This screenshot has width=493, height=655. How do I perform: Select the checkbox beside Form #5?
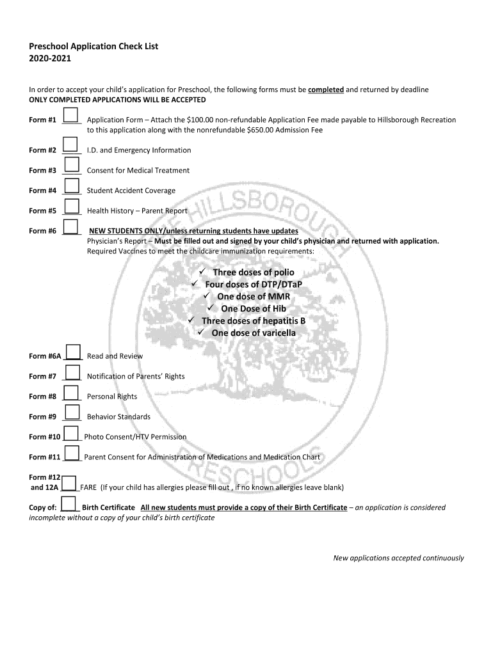click(x=72, y=207)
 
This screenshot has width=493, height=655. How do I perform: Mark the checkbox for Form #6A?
click(x=74, y=352)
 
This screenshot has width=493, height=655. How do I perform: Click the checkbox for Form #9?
click(x=72, y=413)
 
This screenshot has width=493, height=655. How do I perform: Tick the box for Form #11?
click(x=72, y=453)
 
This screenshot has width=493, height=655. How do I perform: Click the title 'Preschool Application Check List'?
click(x=93, y=47)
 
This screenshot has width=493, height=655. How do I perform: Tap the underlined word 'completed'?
click(x=326, y=90)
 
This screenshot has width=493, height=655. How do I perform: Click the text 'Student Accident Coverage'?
click(x=131, y=191)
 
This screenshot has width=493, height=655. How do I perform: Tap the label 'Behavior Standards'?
click(x=118, y=417)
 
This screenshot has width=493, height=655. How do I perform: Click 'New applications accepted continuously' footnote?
click(x=398, y=558)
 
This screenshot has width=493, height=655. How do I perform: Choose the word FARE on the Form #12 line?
click(x=88, y=487)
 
